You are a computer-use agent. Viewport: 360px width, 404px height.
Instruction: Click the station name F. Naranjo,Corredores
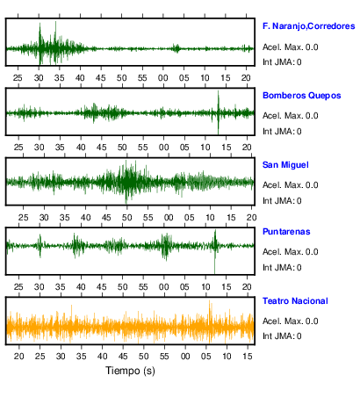pos(309,26)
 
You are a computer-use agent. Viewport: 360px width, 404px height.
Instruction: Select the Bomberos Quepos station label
pos(302,96)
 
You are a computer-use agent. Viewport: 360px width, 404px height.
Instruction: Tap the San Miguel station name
pos(285,165)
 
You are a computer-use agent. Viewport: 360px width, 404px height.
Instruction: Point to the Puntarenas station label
pos(286,232)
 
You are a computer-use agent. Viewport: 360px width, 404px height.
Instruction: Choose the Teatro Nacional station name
pos(295,301)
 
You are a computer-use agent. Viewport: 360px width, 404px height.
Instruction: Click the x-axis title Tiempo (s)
pos(130,371)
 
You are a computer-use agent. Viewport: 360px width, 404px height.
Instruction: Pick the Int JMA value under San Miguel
pos(282,201)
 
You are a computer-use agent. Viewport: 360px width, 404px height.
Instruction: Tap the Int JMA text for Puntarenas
pos(282,268)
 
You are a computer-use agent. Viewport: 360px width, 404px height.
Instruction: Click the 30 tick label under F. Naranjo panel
pos(39,78)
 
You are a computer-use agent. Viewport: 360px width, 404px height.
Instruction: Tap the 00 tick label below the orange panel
pos(185,357)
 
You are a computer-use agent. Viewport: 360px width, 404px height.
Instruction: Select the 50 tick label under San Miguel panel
pos(127,218)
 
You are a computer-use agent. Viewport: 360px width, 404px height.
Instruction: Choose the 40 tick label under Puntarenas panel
pos(81,286)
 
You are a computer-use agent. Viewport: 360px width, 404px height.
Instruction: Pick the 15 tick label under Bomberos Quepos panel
pos(226,148)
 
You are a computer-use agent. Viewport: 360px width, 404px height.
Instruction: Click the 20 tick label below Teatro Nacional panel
pos(19,357)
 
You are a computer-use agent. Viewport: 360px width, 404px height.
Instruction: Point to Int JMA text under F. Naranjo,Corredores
pos(282,62)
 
